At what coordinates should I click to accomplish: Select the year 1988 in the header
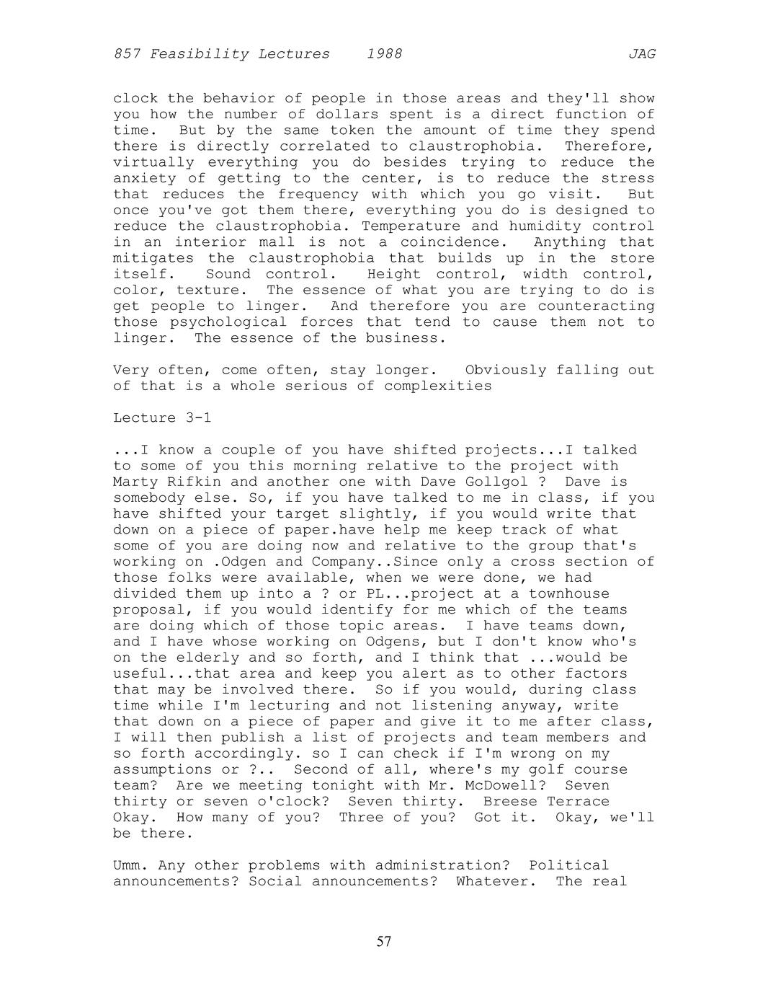[x=384, y=54]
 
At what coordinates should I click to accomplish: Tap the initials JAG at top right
[x=641, y=54]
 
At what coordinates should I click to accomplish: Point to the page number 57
[x=384, y=941]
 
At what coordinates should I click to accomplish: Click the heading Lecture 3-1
[x=162, y=418]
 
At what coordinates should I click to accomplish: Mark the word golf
[x=527, y=769]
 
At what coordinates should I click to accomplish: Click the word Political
[x=568, y=864]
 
